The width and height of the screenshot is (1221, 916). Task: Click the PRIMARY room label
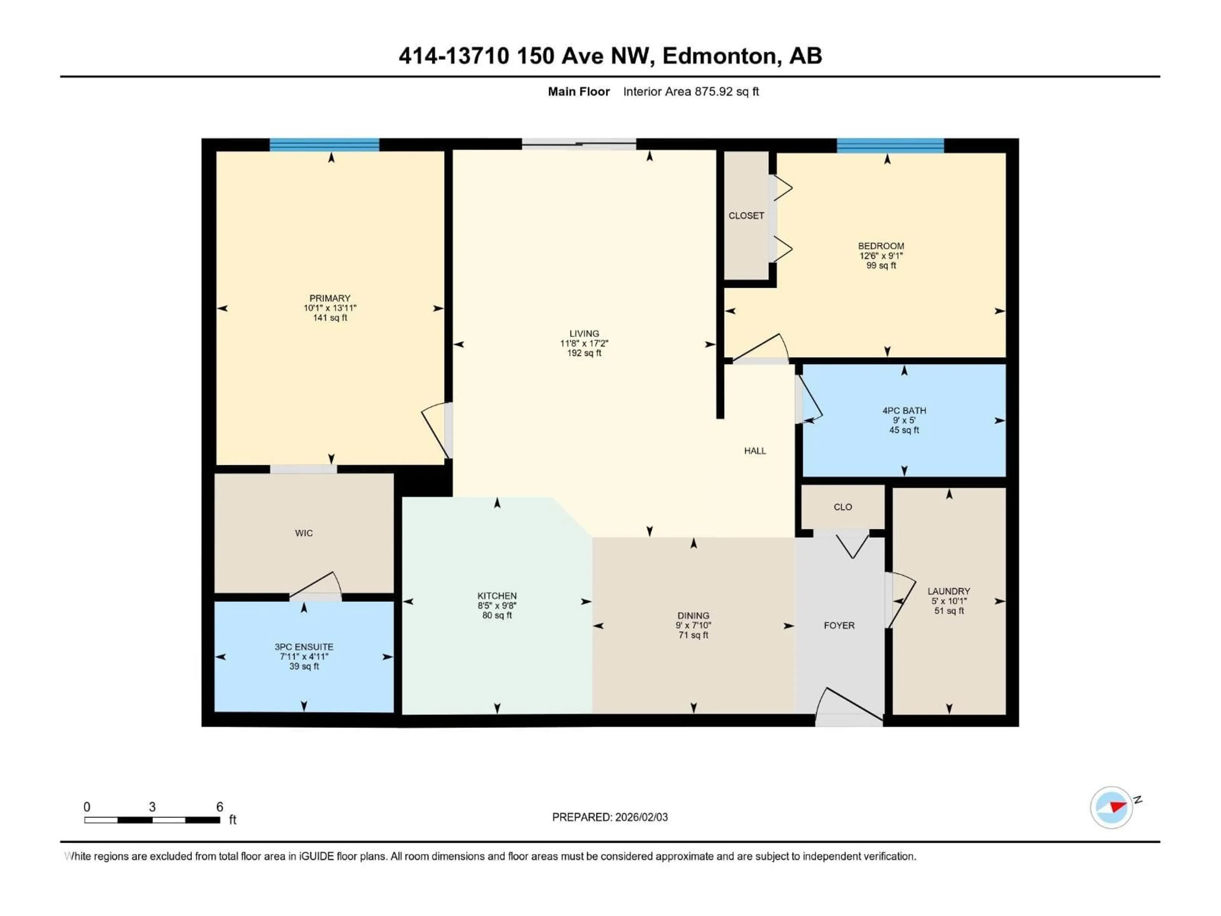pyautogui.click(x=329, y=298)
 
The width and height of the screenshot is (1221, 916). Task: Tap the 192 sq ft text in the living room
pyautogui.click(x=584, y=353)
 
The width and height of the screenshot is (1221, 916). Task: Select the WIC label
pyautogui.click(x=304, y=533)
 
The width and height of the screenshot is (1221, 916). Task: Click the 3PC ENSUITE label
pyautogui.click(x=304, y=647)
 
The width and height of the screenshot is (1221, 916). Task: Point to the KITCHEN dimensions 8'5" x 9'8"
pyautogui.click(x=497, y=606)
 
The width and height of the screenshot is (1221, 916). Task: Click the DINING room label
pyautogui.click(x=693, y=615)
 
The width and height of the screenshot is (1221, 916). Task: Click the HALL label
pyautogui.click(x=755, y=451)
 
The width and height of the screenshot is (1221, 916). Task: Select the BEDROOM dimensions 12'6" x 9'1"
pyautogui.click(x=881, y=256)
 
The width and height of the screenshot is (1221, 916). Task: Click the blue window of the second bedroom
pyautogui.click(x=890, y=145)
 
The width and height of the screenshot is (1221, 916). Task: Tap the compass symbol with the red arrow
pyautogui.click(x=1111, y=807)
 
